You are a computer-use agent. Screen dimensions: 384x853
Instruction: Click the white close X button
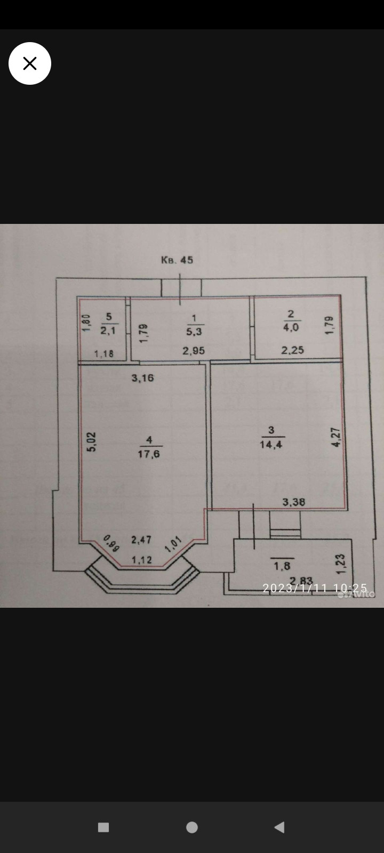point(30,63)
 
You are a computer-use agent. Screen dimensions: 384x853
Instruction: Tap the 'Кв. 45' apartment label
point(177,260)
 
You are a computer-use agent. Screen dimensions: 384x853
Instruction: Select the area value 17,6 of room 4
point(149,454)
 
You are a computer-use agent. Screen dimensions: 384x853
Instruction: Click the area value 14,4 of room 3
point(271,444)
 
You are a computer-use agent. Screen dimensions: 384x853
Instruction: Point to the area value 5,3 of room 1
point(194,332)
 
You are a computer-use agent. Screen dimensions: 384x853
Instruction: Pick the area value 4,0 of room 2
point(291,327)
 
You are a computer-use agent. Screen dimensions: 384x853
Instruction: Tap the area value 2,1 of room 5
point(108,331)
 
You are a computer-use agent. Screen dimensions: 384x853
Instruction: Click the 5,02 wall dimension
point(92,442)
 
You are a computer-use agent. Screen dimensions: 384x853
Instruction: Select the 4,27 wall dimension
point(336,437)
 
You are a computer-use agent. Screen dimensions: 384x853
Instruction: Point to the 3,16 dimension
point(143,378)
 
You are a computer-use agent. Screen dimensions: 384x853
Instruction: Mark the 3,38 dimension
point(294,502)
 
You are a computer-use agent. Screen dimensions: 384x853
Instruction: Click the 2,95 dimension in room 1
point(194,351)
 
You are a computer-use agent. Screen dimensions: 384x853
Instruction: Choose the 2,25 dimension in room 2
point(293,350)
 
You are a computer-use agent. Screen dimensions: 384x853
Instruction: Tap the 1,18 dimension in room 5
point(104,353)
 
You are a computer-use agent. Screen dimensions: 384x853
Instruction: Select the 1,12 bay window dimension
point(142,560)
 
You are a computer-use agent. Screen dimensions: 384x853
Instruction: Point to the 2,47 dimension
point(141,540)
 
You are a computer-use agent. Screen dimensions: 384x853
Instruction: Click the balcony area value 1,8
point(282,566)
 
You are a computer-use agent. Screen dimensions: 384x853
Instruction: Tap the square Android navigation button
point(103,827)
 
